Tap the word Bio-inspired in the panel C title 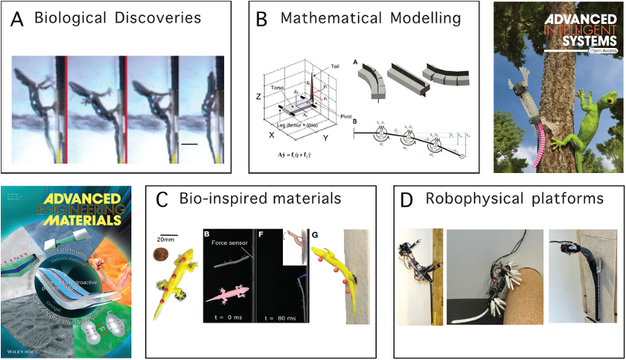(x=219, y=199)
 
